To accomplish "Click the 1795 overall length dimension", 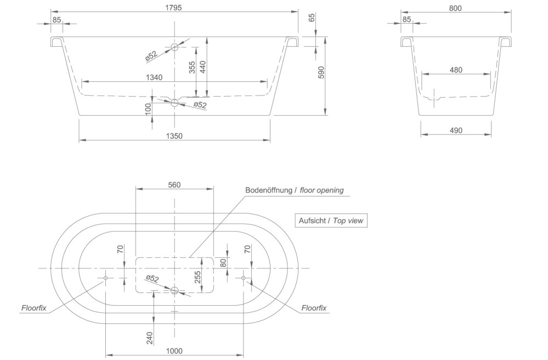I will pos(174,8).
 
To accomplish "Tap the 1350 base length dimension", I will pos(174,136).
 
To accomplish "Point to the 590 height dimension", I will pos(322,73).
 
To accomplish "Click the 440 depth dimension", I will pos(202,67).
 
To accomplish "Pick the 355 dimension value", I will pos(192,67).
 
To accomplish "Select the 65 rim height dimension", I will pos(312,18).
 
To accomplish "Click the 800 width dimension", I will pos(455,8).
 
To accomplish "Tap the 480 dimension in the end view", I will pos(456,70).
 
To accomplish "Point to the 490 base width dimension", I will pos(456,131).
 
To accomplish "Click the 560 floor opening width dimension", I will pos(174,184).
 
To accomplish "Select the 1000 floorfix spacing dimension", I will pos(174,351).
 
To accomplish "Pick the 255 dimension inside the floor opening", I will pos(198,276).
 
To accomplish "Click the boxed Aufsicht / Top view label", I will pos(331,221).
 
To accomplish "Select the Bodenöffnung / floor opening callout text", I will pos(294,190).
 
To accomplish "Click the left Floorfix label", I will pos(33,308).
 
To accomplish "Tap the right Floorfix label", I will pos(314,308).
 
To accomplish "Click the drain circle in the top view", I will pos(174,290).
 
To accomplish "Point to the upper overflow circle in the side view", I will pos(174,47).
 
